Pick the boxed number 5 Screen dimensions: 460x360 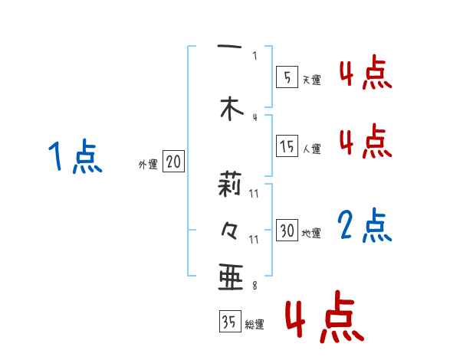point(286,77)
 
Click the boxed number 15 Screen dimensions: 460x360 point(287,146)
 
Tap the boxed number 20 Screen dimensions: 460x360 point(173,162)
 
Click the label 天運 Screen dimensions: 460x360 point(311,80)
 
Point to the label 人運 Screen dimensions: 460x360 point(311,149)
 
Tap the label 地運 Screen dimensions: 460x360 point(311,233)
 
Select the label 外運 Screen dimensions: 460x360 point(148,164)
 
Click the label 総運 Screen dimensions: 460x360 point(254,325)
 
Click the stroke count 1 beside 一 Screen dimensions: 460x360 point(255,55)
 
